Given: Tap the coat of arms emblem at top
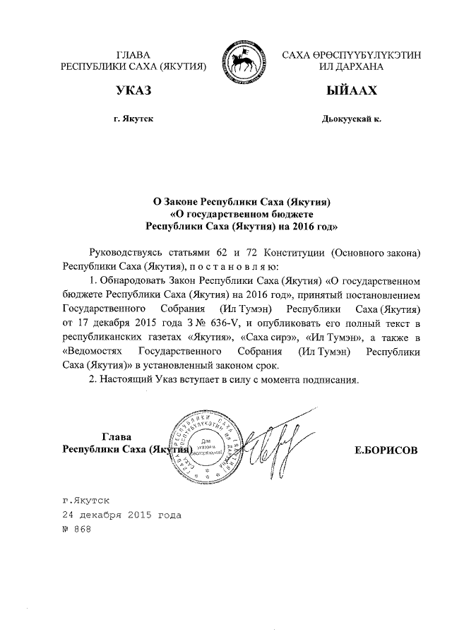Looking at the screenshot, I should [242, 61].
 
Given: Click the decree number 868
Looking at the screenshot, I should [82, 530].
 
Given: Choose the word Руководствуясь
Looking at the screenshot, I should [125, 252].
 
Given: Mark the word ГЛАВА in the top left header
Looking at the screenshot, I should [133, 54].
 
